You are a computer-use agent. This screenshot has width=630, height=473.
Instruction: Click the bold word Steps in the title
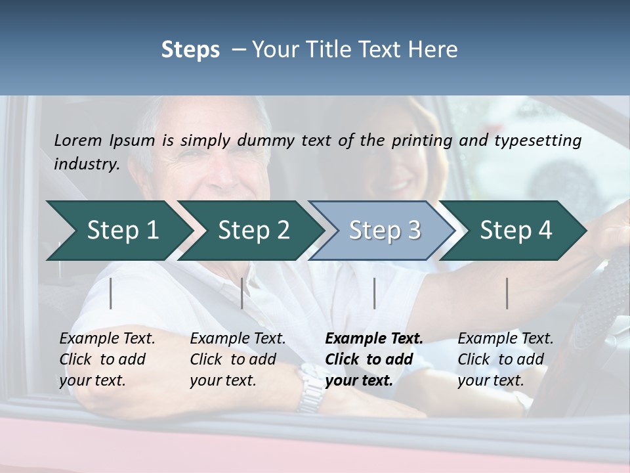click(190, 49)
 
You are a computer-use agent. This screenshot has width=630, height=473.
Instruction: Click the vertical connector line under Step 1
click(111, 293)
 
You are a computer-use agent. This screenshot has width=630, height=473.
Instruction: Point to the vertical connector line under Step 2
click(242, 293)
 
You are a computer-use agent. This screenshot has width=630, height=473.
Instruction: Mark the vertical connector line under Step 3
click(374, 293)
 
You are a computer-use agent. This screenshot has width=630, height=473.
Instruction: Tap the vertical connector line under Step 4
click(507, 293)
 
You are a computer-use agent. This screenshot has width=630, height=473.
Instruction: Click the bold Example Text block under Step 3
click(373, 359)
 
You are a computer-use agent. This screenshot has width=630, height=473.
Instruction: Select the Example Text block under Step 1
click(107, 359)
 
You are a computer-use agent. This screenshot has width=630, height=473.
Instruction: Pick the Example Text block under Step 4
click(505, 359)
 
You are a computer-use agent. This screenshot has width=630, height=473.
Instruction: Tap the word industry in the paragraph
click(86, 164)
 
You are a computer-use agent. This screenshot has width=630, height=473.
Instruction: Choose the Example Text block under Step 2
click(238, 359)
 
